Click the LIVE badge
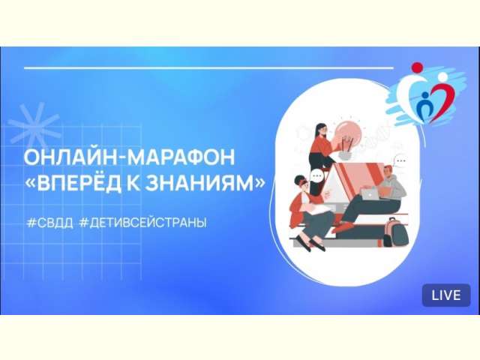click(x=446, y=295)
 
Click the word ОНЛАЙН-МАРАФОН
click(x=129, y=157)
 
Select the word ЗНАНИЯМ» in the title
click(x=205, y=183)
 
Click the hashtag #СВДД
click(x=50, y=223)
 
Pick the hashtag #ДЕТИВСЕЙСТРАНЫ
click(x=143, y=223)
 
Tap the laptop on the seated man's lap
click(x=370, y=193)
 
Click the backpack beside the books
click(x=396, y=232)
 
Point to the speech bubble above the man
click(x=400, y=160)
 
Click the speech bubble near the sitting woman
click(x=317, y=176)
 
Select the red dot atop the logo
click(x=417, y=67)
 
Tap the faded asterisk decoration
click(x=34, y=124)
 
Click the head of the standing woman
click(x=321, y=130)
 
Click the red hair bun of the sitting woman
click(x=298, y=181)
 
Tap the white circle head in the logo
click(x=442, y=76)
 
